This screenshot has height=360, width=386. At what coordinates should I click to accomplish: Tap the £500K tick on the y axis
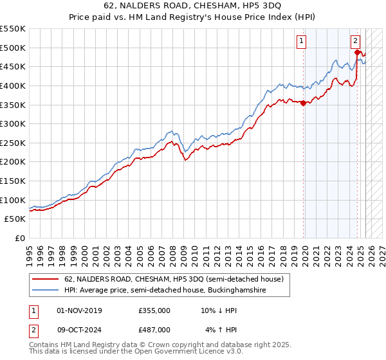pos(13,48)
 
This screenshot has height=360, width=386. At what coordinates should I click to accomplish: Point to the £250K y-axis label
pos(13,143)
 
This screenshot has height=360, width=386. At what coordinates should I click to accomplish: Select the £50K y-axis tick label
pos(15,219)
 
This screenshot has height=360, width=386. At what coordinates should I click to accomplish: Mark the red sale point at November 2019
pos(303,104)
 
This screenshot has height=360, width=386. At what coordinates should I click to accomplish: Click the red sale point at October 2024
pos(358,53)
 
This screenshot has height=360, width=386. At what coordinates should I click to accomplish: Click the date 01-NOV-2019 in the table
pos(80,310)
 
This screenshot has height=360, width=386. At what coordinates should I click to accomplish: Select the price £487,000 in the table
pos(155,329)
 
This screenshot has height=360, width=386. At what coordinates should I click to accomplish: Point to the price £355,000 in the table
pos(155,310)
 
